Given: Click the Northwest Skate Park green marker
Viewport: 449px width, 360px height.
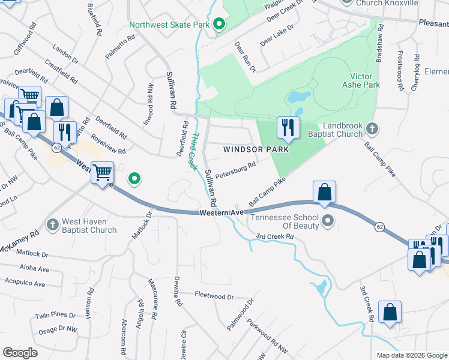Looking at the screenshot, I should coord(219,25).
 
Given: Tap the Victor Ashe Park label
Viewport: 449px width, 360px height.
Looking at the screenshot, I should coord(365,81).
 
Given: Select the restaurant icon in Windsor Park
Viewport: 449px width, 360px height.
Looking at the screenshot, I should coord(288,127).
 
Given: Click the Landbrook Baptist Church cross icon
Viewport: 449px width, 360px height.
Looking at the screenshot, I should coord(372,128).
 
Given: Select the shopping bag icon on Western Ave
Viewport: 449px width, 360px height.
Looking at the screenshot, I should coord(324,192).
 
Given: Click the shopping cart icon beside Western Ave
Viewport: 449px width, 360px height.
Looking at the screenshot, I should coord(102,173).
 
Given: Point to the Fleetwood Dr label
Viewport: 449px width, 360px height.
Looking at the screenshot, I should coord(214,296).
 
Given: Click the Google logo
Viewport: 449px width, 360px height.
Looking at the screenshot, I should coord(20,353).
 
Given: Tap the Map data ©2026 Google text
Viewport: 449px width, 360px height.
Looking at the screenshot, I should coord(411,355).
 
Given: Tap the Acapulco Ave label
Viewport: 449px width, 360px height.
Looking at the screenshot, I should coord(25,283).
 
